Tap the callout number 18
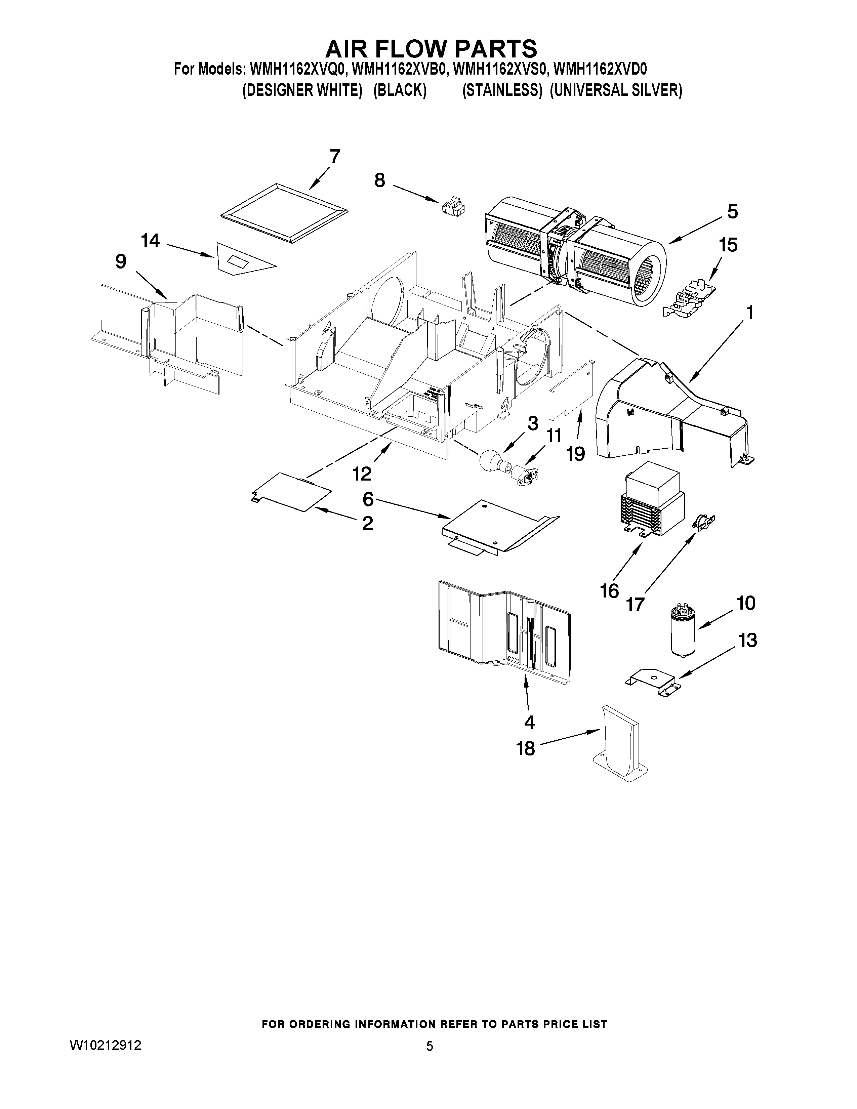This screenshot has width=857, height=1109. click(x=526, y=748)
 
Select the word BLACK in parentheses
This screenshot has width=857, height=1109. click(x=400, y=90)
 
